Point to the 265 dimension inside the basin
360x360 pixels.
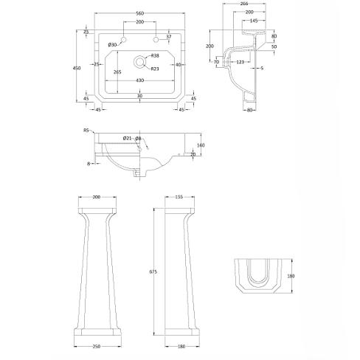pyautogui.click(x=117, y=72)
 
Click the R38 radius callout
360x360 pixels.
pyautogui.click(x=155, y=57)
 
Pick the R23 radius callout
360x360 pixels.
pyautogui.click(x=155, y=69)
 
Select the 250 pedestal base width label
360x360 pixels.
pyautogui.click(x=96, y=345)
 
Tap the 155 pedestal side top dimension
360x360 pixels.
pyautogui.click(x=180, y=197)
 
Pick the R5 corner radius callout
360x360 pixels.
pyautogui.click(x=86, y=130)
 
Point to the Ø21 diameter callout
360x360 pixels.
pyautogui.click(x=127, y=139)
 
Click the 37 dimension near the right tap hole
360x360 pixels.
pyautogui.click(x=169, y=37)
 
